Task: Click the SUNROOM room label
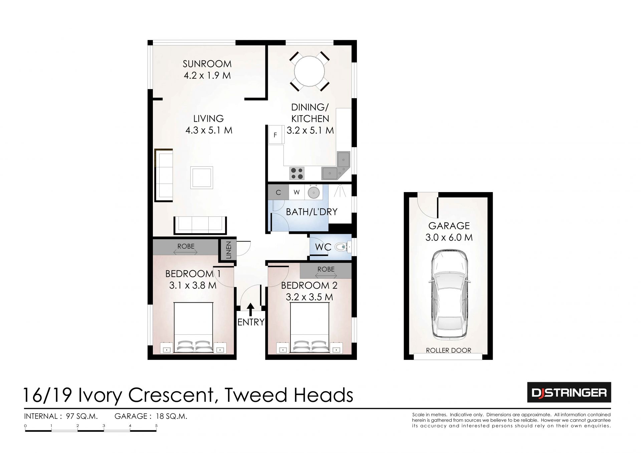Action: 207,64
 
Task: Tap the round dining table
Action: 309,71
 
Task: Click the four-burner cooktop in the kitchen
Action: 297,173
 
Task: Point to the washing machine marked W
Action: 296,192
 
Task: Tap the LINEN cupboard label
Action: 229,250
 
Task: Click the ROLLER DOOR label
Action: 448,350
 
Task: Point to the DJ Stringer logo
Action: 569,392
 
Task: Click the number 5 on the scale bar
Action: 156,426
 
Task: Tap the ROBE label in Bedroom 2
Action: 326,269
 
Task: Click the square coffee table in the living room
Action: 202,177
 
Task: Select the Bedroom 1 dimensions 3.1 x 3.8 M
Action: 193,285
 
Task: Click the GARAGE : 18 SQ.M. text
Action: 151,416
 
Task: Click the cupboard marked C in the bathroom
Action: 278,192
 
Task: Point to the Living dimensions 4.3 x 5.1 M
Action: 209,130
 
